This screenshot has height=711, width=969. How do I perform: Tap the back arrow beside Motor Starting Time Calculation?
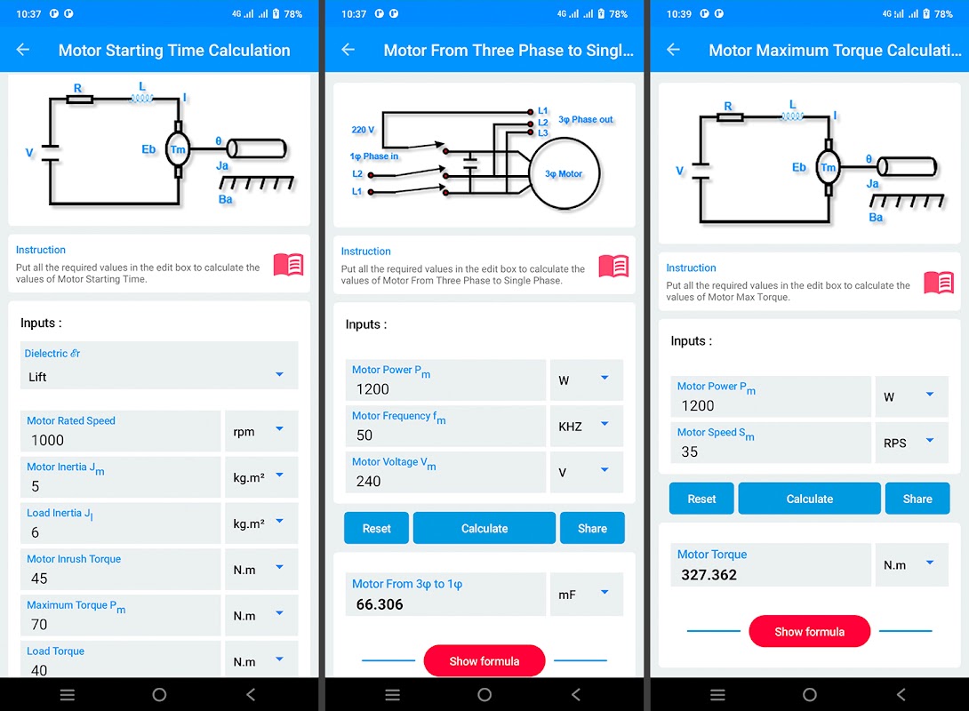point(23,50)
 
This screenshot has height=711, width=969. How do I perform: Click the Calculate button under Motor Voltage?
point(484,528)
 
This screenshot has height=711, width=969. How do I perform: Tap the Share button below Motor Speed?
point(917,499)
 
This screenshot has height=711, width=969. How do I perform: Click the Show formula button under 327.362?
point(809,631)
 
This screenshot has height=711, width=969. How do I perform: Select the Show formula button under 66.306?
point(484,661)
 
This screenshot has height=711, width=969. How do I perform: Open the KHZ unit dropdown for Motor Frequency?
point(586,426)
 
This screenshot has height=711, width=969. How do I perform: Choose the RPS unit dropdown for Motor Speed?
point(911,443)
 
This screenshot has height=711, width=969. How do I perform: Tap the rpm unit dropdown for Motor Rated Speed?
point(260,431)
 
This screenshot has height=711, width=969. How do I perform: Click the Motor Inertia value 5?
point(36,486)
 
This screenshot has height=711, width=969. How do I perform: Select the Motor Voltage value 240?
point(368,481)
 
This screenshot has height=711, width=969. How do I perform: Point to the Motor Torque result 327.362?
point(709,574)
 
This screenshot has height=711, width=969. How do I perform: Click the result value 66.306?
point(380,604)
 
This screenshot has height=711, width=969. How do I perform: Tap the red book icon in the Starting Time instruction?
point(289,264)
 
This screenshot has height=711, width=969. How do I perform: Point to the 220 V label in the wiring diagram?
point(363,130)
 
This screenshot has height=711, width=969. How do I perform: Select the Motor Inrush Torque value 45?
point(39,579)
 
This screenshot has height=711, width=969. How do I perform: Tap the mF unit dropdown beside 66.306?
point(586,595)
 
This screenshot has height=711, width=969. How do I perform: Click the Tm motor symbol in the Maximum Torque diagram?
point(829,167)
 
